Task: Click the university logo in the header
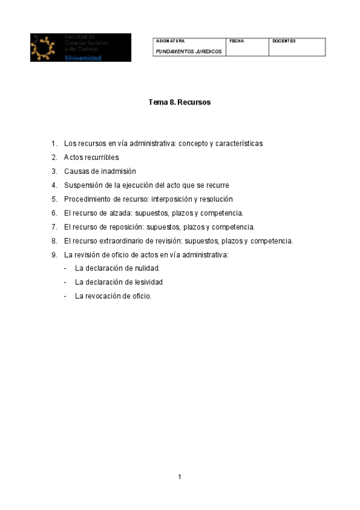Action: click(81, 48)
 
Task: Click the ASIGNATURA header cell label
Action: click(171, 41)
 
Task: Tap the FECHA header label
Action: click(237, 41)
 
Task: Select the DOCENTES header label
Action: click(284, 41)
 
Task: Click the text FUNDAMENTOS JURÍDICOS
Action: click(189, 52)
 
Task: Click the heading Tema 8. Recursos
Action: click(180, 102)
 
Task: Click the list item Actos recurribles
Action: click(91, 158)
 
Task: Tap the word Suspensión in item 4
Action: click(82, 185)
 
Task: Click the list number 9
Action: click(54, 254)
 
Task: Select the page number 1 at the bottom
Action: click(180, 477)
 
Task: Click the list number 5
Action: click(54, 199)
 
